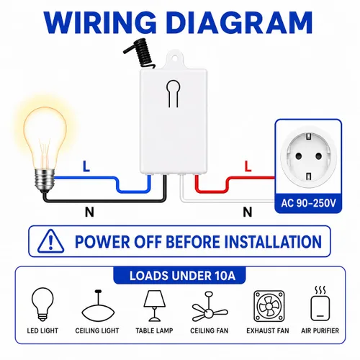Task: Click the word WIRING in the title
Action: (100, 23)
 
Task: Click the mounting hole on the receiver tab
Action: (175, 58)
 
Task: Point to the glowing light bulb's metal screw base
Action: (45, 179)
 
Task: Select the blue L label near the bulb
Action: (86, 166)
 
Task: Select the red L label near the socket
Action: (248, 166)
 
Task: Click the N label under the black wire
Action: (89, 212)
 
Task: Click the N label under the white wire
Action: (248, 212)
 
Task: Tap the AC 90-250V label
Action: (308, 203)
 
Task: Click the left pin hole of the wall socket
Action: (299, 156)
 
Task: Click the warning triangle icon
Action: (50, 241)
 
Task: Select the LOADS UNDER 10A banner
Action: (179, 276)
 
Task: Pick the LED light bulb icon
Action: (42, 304)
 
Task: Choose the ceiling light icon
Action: (98, 307)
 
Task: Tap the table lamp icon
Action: (155, 306)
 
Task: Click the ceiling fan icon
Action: (210, 307)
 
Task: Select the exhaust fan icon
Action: (269, 306)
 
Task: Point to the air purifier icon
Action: (320, 304)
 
